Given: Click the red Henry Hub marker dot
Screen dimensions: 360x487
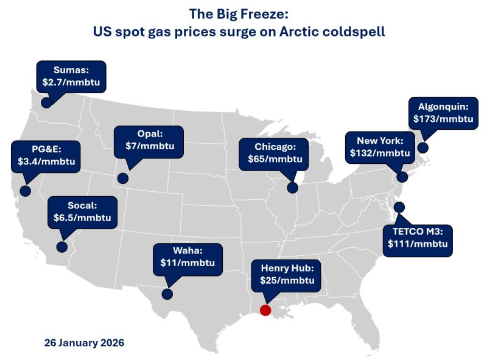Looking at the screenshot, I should [x=265, y=310].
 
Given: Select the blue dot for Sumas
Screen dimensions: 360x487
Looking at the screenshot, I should [x=46, y=103].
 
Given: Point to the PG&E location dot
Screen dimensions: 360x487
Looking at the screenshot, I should [x=25, y=191].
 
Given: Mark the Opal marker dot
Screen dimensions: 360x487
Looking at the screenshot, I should [x=123, y=178].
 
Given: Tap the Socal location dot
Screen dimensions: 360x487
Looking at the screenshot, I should [x=61, y=247].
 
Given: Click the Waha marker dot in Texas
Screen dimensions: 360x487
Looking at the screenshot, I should [x=167, y=294].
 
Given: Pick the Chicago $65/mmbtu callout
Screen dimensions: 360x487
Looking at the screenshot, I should [x=275, y=152].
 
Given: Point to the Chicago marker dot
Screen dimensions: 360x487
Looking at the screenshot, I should [x=296, y=183].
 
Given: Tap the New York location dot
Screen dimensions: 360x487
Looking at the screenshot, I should [x=402, y=177].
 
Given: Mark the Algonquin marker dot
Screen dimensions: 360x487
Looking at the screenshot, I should [x=422, y=147].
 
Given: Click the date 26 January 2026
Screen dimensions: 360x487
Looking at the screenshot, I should [x=84, y=343].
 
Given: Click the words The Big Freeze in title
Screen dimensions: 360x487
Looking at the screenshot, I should [x=243, y=14].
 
